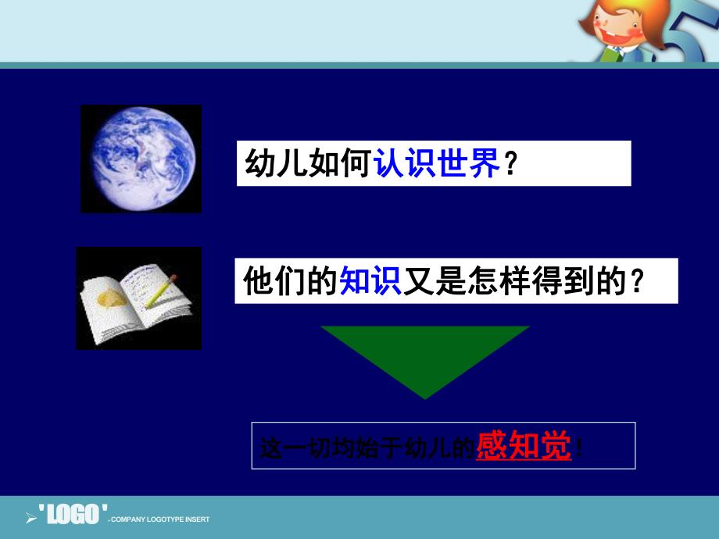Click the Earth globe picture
(141, 159)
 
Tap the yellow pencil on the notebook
(163, 286)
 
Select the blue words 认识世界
(437, 164)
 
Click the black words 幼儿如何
(308, 164)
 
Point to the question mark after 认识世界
(510, 165)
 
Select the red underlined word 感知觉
(524, 447)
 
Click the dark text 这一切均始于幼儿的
(366, 448)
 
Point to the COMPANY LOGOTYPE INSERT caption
(160, 519)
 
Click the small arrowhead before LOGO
(31, 517)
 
